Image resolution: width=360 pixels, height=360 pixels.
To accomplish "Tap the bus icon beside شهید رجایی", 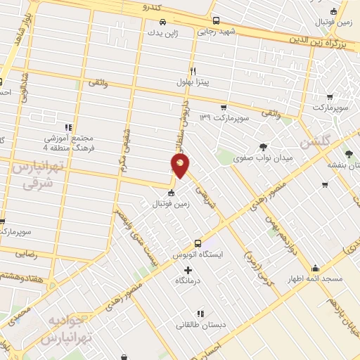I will (x=216, y=20).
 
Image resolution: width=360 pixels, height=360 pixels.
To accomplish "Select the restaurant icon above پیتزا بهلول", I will (x=192, y=71).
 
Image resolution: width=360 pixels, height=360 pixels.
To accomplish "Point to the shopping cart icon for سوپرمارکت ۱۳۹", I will (x=224, y=108).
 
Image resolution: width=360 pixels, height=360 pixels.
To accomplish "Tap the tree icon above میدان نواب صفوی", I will (x=264, y=146).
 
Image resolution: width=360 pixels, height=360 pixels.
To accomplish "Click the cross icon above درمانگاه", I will (x=187, y=270).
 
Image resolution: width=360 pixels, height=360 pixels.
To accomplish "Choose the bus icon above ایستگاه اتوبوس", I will (x=198, y=243).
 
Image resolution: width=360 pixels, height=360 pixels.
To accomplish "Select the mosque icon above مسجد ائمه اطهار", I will (x=315, y=268).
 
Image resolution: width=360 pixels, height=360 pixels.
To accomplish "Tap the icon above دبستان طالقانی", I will (x=200, y=314).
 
